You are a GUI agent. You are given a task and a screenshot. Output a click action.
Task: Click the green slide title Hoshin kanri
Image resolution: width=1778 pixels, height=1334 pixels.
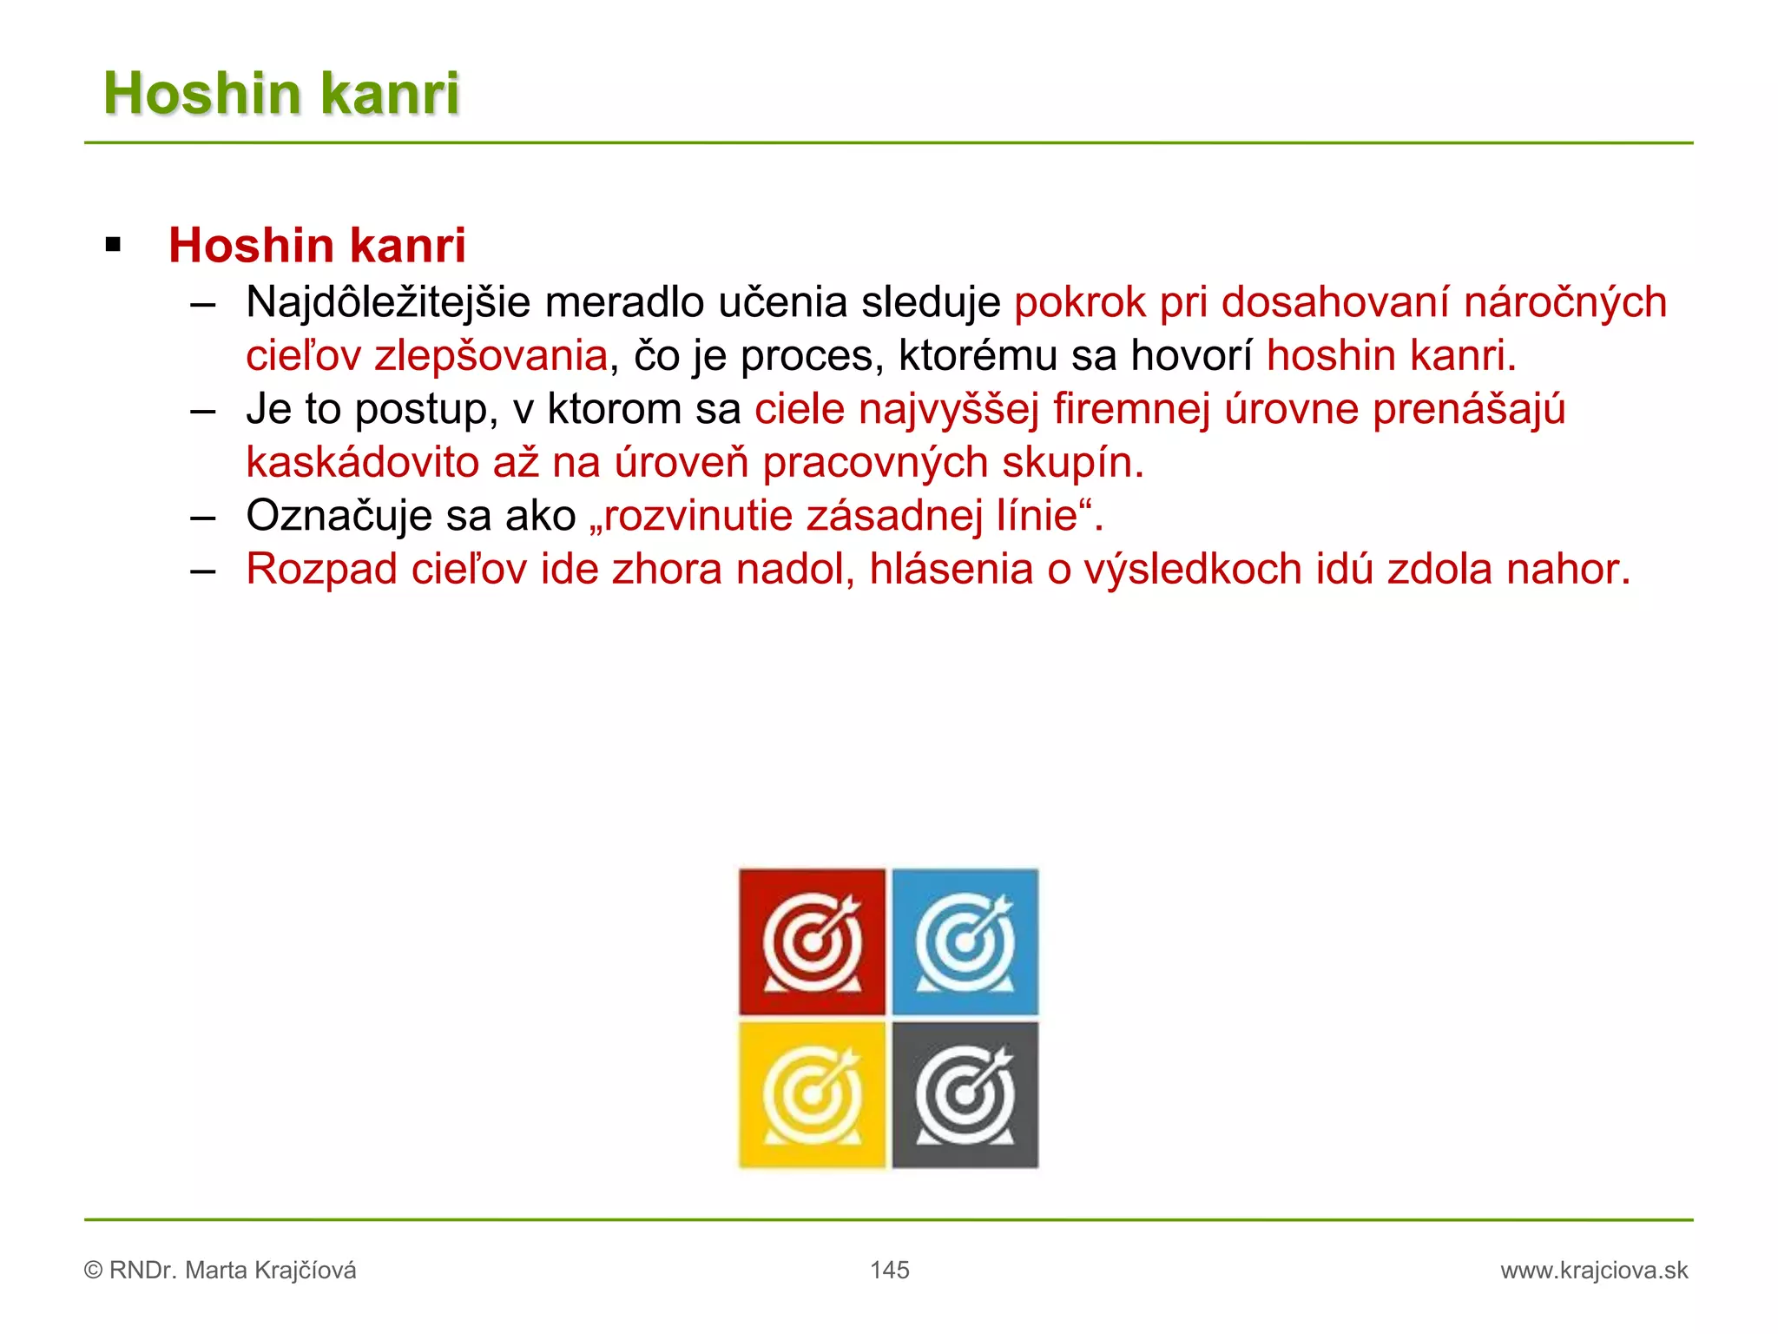281,93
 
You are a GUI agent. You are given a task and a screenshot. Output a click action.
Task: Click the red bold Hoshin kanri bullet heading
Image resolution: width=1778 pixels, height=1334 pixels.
317,246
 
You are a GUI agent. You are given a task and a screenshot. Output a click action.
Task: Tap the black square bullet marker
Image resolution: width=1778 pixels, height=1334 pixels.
113,245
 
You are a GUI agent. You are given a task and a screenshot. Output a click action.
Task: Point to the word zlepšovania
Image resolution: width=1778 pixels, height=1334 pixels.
491,356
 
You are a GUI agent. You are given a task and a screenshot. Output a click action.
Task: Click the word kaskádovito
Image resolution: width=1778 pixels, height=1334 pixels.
362,463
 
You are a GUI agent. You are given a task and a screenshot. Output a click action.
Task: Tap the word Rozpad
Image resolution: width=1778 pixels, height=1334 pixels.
321,570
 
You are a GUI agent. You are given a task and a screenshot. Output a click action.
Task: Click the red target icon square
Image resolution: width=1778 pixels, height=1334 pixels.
812,941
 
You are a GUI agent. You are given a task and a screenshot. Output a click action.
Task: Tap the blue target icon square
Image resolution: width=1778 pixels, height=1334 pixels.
965,941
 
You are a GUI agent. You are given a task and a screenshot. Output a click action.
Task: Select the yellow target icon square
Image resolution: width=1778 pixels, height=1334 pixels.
812,1094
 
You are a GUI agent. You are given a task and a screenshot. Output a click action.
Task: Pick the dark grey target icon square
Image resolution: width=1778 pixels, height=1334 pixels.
965,1094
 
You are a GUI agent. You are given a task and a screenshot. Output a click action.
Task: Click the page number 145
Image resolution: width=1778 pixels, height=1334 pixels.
889,1270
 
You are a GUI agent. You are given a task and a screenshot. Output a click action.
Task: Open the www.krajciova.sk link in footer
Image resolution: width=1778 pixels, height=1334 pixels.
1594,1271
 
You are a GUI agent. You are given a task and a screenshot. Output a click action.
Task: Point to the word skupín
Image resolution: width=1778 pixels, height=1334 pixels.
1072,463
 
